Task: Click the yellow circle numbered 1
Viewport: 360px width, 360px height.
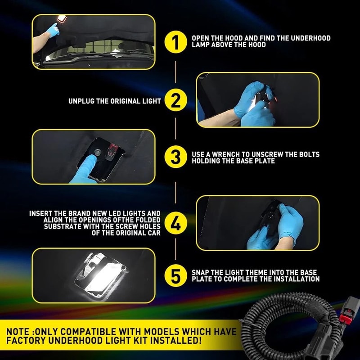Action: pos(175,42)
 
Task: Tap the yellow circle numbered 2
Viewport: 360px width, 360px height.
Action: pos(175,100)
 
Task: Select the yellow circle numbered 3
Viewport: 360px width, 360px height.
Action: pos(175,157)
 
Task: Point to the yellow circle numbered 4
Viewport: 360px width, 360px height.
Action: pos(175,223)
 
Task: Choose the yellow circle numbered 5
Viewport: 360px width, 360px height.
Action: pos(175,276)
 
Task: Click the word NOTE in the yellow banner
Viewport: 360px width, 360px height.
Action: pos(18,332)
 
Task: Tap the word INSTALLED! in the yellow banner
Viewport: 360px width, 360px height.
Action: pos(176,340)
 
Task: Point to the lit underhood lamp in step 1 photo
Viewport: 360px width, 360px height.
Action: pos(62,18)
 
